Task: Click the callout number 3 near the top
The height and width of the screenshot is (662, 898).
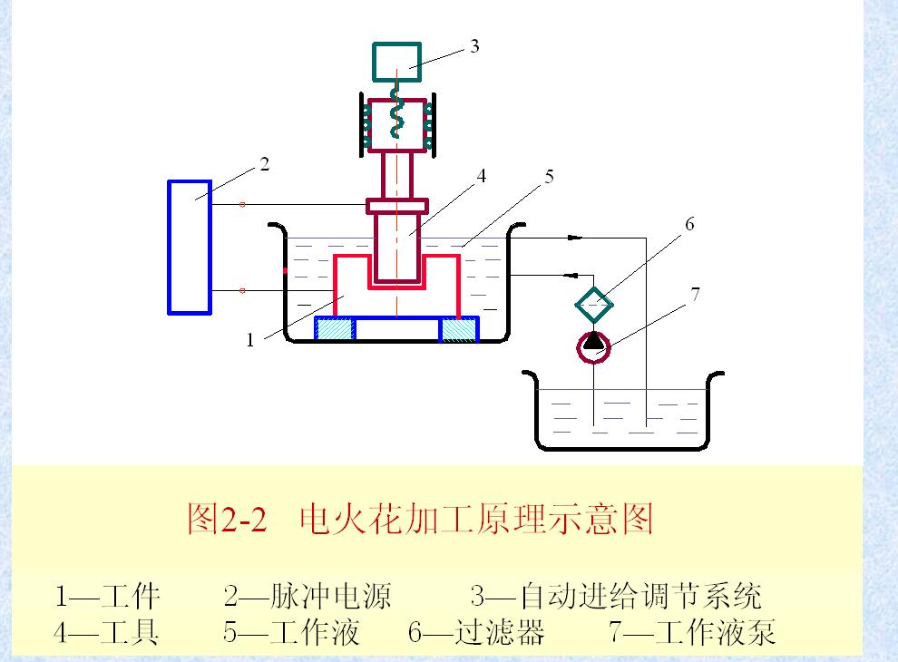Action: (474, 46)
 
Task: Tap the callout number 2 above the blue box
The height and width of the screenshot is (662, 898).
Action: (264, 164)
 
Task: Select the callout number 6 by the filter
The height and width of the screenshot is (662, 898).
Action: (689, 224)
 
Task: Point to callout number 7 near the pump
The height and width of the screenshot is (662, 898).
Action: (695, 295)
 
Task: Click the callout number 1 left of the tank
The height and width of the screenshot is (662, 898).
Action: (249, 340)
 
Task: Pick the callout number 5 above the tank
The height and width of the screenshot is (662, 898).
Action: (549, 177)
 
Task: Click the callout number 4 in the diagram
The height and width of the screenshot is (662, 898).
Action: (481, 176)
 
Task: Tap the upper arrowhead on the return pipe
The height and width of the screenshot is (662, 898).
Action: (575, 238)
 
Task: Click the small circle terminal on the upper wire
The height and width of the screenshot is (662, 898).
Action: (242, 204)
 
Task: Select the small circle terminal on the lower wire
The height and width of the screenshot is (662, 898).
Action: (242, 291)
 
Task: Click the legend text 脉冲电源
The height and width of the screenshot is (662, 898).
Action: (330, 596)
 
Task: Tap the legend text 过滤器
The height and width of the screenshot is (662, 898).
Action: (500, 632)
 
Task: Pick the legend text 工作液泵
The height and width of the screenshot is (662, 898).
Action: (716, 632)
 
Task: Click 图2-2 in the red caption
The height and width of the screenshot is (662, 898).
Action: (228, 519)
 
